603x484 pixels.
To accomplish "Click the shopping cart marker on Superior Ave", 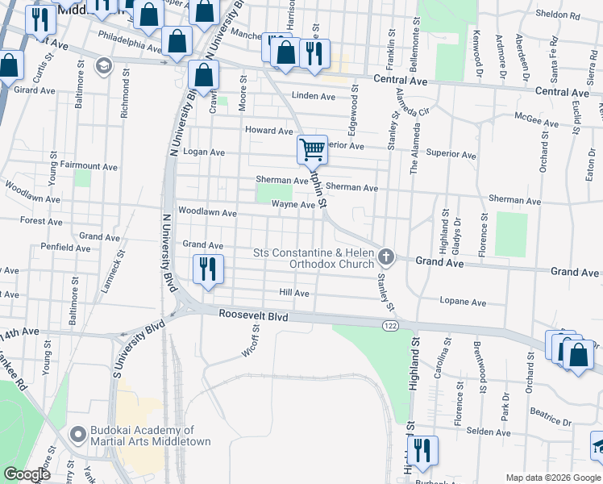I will pyautogui.click(x=312, y=149).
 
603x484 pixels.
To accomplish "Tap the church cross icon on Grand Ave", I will pyautogui.click(x=386, y=257).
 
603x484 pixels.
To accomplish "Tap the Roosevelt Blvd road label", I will pyautogui.click(x=254, y=317).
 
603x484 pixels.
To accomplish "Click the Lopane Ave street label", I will pyautogui.click(x=463, y=302).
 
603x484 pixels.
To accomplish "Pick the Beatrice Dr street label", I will pyautogui.click(x=551, y=418).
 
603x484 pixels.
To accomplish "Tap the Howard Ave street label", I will pyautogui.click(x=268, y=131).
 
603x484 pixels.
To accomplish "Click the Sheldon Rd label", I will pyautogui.click(x=558, y=15).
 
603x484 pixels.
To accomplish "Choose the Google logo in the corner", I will pyautogui.click(x=27, y=474).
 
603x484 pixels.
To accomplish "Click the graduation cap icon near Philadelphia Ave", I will pyautogui.click(x=103, y=65).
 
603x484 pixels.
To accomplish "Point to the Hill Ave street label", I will pyautogui.click(x=294, y=294).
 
